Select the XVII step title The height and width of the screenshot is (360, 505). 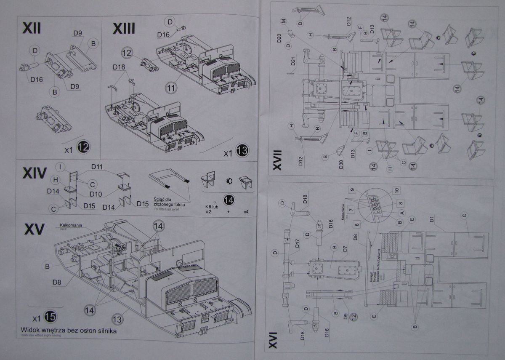click(277, 162)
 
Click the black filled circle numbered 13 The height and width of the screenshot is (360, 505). click(242, 150)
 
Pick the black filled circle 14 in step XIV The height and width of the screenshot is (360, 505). click(229, 200)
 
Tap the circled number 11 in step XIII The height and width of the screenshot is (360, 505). click(170, 88)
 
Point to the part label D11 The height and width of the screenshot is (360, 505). click(97, 167)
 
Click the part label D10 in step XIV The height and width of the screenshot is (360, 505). click(96, 194)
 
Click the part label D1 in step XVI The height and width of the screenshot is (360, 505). click(432, 219)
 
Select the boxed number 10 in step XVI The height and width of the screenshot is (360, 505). click(396, 190)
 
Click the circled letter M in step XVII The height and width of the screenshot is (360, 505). click(283, 20)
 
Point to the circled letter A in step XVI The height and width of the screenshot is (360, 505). click(401, 213)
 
